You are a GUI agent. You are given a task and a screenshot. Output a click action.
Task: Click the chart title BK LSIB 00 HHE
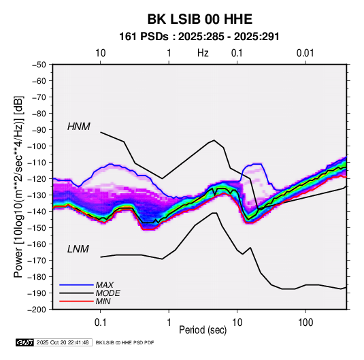coord(199,19)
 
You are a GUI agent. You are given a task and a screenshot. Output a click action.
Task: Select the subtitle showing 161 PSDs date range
coord(199,37)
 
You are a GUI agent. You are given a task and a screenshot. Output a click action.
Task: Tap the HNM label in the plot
coord(79,127)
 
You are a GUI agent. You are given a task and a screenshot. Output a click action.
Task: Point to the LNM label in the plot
coord(78,249)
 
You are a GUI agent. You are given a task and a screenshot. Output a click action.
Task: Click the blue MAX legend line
coord(76,285)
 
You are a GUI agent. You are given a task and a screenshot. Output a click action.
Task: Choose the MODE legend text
coord(107,293)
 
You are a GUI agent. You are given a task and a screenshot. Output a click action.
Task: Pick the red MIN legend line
coord(76,301)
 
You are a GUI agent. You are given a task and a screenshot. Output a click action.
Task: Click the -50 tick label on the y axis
coord(39,65)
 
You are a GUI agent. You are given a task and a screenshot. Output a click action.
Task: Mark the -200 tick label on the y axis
coord(37,310)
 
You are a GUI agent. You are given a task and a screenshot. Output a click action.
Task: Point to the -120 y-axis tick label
coord(37,179)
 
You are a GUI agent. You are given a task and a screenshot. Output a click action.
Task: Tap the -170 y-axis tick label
coord(37,261)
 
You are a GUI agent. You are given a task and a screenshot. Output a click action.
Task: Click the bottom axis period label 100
coord(305,323)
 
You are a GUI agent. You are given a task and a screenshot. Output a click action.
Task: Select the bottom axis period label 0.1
coord(100,323)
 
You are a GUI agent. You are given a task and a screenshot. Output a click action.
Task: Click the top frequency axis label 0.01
coord(305,53)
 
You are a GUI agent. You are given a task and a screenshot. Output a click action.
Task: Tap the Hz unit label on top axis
coord(203,53)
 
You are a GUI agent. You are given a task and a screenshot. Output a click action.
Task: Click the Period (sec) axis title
coord(203,330)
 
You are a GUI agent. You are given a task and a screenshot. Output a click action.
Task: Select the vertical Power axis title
coord(18,187)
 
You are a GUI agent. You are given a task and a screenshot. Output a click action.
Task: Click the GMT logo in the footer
coord(24,342)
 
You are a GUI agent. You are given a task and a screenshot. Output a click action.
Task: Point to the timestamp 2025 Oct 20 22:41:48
coord(63,342)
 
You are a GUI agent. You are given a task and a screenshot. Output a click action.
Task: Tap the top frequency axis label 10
coord(101,53)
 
